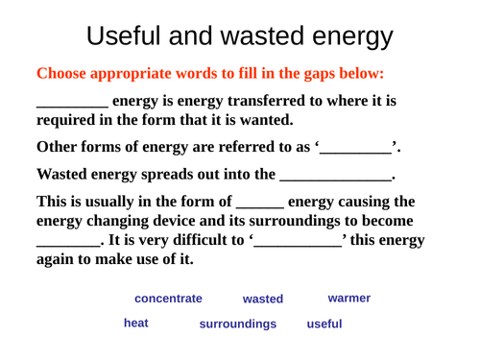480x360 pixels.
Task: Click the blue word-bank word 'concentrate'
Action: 168,300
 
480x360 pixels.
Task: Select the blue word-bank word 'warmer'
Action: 348,299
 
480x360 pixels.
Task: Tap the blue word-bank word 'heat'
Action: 136,324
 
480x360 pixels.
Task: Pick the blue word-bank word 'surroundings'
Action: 237,324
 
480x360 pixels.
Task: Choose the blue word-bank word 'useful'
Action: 324,324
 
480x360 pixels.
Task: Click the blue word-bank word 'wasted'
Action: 262,300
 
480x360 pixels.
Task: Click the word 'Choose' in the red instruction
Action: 62,73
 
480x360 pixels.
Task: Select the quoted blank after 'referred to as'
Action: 356,150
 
